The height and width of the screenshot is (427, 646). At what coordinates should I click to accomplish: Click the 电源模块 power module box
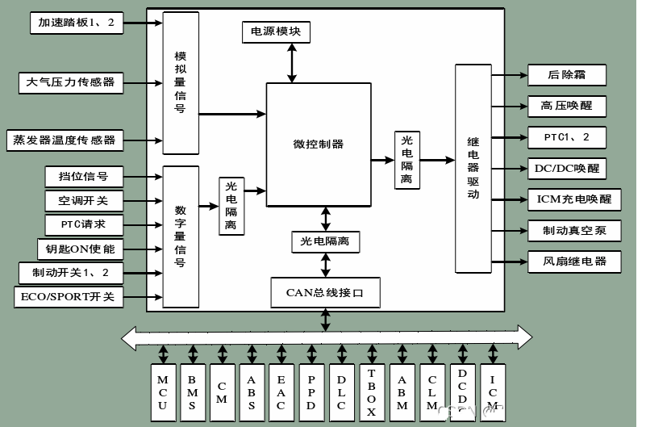pos(276,32)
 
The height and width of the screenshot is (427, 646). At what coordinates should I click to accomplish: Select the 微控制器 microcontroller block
pos(318,144)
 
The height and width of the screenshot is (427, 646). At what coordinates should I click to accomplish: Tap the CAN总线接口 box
pos(325,291)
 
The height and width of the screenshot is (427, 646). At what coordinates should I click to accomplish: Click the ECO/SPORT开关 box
pos(69,297)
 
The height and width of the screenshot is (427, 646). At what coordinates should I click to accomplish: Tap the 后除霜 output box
pos(566,75)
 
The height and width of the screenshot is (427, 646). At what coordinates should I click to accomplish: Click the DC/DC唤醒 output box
pos(566,168)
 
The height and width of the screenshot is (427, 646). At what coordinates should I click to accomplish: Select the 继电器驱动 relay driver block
pos(473,169)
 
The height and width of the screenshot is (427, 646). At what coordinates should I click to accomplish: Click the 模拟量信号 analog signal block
pos(181,82)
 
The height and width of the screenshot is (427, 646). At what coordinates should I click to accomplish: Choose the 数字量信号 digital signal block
pos(181,236)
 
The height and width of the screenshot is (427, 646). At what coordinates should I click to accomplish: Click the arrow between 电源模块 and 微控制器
pos(290,63)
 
